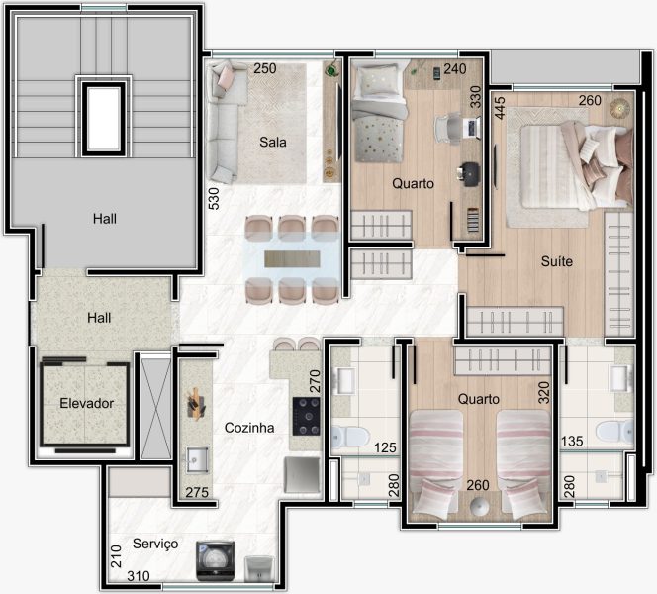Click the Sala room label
273,143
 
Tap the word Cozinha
249,428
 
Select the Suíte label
556,261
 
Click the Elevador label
87,403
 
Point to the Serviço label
155,544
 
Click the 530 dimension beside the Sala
214,198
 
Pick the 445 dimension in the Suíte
500,108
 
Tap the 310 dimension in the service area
139,576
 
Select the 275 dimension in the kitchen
197,492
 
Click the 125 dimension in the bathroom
385,447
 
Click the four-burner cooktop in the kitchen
307,416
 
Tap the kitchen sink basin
197,459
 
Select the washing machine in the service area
215,561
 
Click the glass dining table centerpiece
292,258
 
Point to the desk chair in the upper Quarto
447,129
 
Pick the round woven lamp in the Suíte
620,109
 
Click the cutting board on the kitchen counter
195,404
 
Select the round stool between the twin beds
480,507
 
